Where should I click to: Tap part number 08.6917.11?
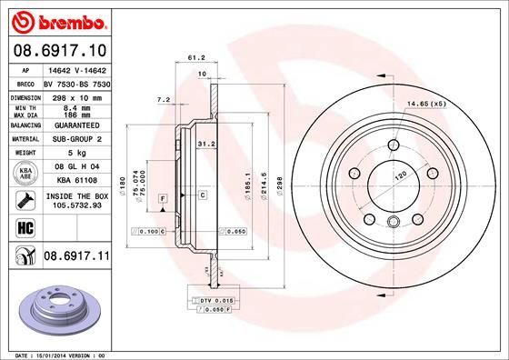[76, 259]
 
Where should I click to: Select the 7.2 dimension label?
[164, 98]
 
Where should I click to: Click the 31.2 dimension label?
[205, 143]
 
